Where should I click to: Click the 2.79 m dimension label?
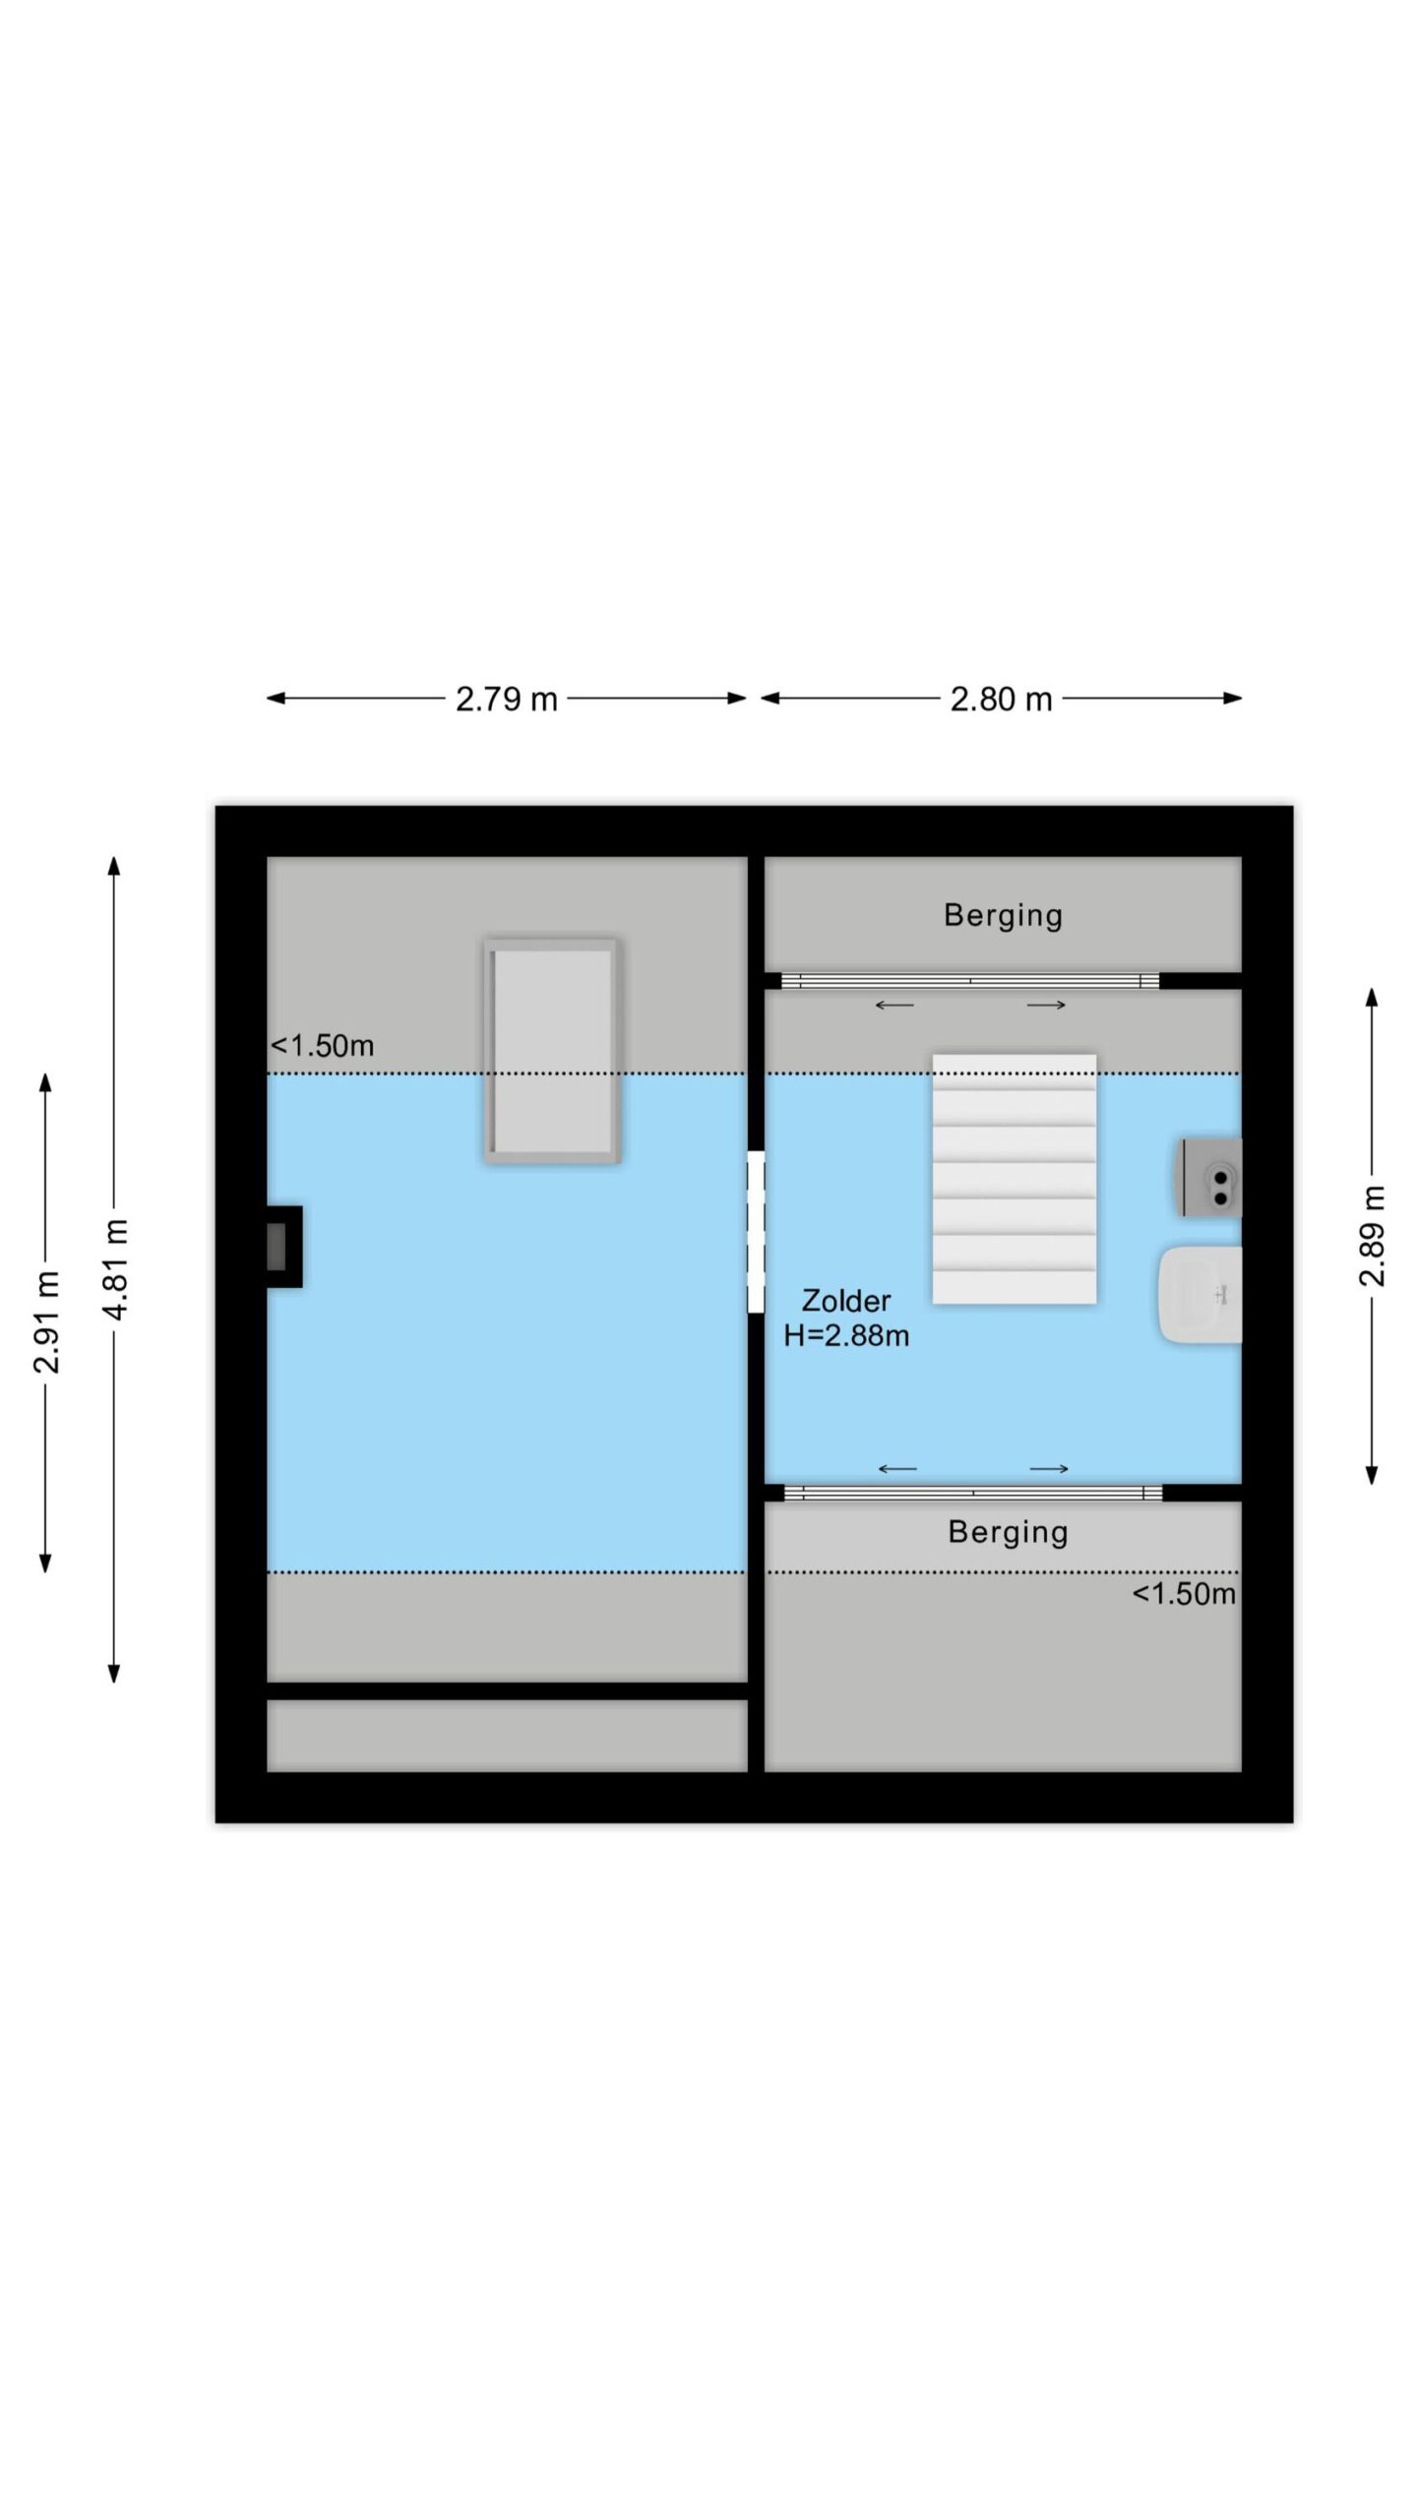point(506,699)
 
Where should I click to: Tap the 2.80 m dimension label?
point(1001,699)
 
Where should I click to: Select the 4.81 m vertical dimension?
point(115,1269)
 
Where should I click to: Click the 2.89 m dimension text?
point(1372,1236)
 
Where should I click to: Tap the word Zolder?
point(846,1301)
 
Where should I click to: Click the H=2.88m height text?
point(846,1335)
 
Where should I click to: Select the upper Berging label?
point(1003,915)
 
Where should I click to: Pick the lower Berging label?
point(1008,1532)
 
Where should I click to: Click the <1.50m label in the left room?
point(323,1045)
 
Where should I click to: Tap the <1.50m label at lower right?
point(1184,1593)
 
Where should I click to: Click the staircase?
point(1015,1179)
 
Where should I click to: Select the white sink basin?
point(1201,1295)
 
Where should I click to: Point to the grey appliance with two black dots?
point(1209,1177)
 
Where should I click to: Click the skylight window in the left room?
point(552,1051)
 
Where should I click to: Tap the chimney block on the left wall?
point(284,1246)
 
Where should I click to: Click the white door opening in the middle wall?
point(756,1231)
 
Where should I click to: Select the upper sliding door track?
point(970,980)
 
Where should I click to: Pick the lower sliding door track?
point(973,1493)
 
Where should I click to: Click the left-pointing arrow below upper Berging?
point(894,1005)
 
